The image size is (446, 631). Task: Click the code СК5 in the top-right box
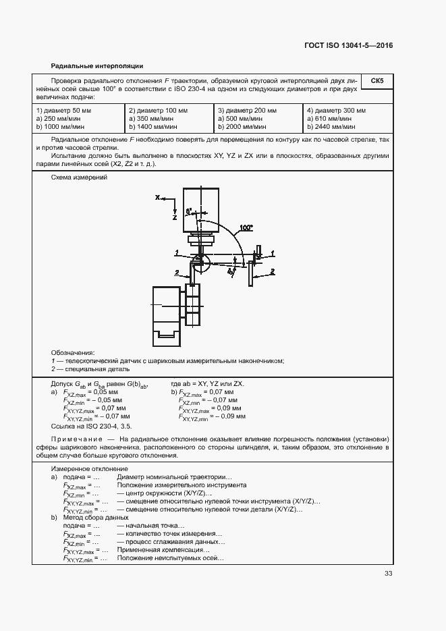(377, 81)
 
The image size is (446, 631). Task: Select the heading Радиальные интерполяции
(97, 66)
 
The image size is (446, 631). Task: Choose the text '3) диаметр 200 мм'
(247, 110)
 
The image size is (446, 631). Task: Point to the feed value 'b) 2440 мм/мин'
(331, 126)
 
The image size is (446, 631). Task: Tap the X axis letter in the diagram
(157, 198)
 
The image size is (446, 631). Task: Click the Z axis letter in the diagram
(173, 219)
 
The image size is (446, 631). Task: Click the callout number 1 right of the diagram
(273, 252)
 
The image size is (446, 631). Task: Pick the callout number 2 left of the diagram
(177, 272)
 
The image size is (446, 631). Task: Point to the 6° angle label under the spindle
(190, 210)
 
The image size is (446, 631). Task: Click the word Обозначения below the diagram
(72, 352)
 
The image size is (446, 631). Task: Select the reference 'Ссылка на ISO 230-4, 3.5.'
(91, 427)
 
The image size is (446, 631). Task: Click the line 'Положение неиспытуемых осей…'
(170, 557)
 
